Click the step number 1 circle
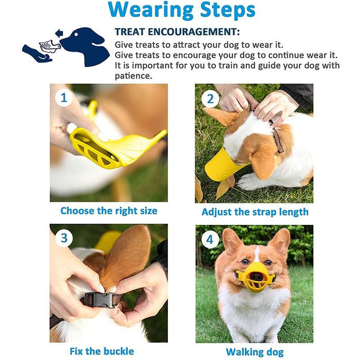64,98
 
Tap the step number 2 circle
210,99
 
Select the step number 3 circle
64,238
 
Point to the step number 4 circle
210,239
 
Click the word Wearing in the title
151,10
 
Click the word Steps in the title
227,10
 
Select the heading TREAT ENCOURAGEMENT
177,32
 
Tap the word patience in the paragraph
133,76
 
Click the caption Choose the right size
109,211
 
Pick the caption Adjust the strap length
255,212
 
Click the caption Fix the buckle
102,351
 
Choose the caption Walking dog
254,352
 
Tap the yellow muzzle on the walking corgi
254,278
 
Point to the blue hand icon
37,54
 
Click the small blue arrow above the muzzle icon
59,33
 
